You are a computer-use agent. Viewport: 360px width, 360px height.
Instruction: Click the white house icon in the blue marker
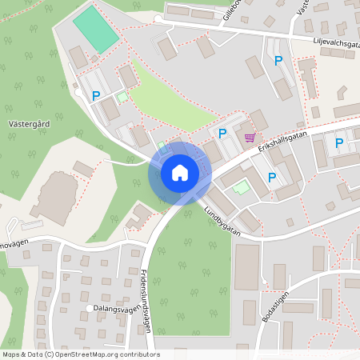(180, 172)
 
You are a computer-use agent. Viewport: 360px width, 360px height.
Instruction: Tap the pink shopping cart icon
(250, 137)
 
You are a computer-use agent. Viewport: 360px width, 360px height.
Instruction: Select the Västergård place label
(32, 125)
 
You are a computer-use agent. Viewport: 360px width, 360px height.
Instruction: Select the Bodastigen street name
(276, 305)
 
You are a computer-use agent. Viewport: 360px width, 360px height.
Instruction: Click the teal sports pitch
(95, 30)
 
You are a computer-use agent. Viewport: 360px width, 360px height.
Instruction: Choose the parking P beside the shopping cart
(222, 133)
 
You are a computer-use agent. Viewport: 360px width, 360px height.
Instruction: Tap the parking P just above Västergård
(96, 95)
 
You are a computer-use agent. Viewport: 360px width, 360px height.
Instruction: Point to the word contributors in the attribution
(139, 354)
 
